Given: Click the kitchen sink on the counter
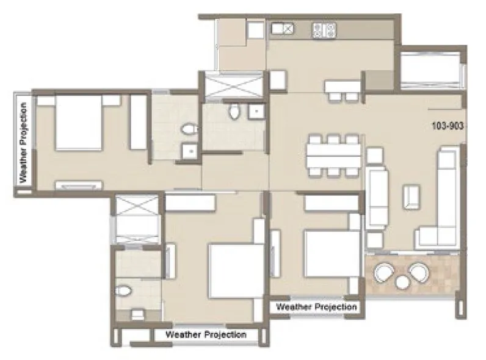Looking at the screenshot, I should pos(282,28).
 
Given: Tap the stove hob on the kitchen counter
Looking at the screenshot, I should pos(324,29).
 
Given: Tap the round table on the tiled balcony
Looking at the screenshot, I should pos(403,281).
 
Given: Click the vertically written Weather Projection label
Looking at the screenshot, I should pos(23,141).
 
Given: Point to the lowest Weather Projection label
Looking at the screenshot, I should pos(206,334).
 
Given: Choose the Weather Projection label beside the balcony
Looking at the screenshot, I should pos(316,307).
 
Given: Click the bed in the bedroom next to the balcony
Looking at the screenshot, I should pos(330,253).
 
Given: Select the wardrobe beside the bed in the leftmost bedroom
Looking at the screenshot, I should pos(139,122).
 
